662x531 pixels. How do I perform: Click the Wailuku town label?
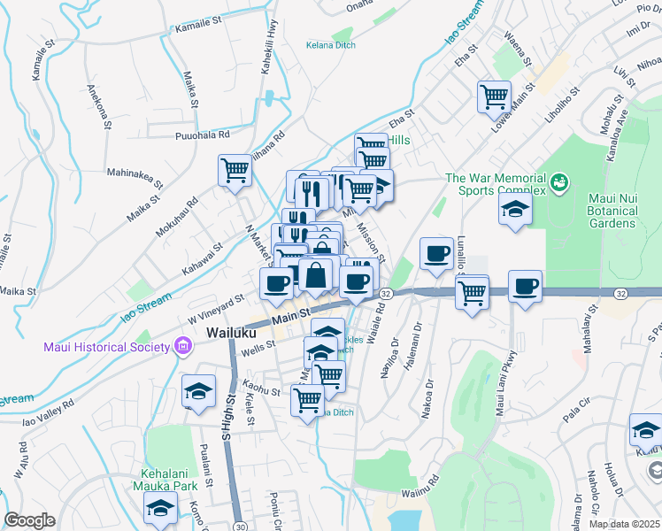click(232, 333)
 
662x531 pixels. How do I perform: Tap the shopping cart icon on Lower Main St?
click(494, 96)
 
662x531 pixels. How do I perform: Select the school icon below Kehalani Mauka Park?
click(160, 507)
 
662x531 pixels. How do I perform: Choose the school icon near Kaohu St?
click(198, 390)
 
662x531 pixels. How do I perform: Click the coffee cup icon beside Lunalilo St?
click(435, 253)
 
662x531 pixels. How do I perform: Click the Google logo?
click(28, 520)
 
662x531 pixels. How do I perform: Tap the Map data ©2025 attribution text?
click(624, 524)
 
